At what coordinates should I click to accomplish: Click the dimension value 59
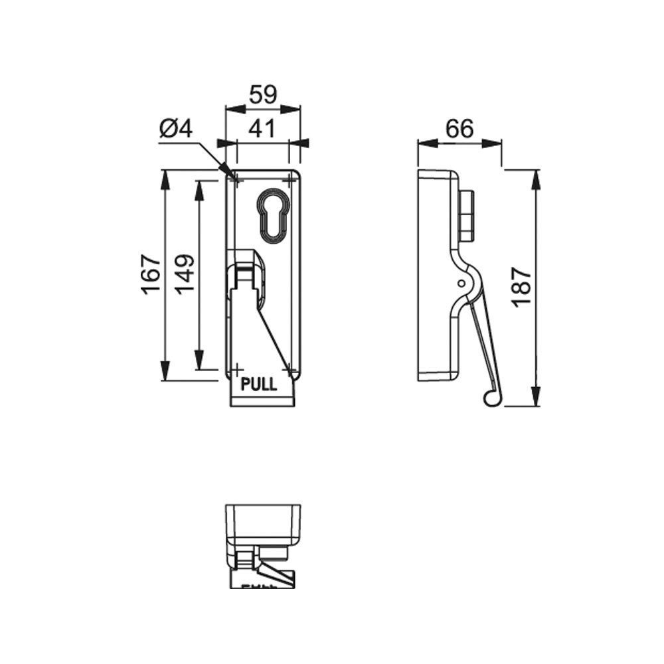tap(263, 95)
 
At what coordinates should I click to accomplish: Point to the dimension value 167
tap(151, 274)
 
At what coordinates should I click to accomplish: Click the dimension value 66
tap(459, 128)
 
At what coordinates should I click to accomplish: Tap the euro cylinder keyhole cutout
tap(273, 214)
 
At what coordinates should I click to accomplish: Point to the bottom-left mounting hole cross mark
tap(235, 368)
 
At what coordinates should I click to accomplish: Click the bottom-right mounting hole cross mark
tap(290, 368)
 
